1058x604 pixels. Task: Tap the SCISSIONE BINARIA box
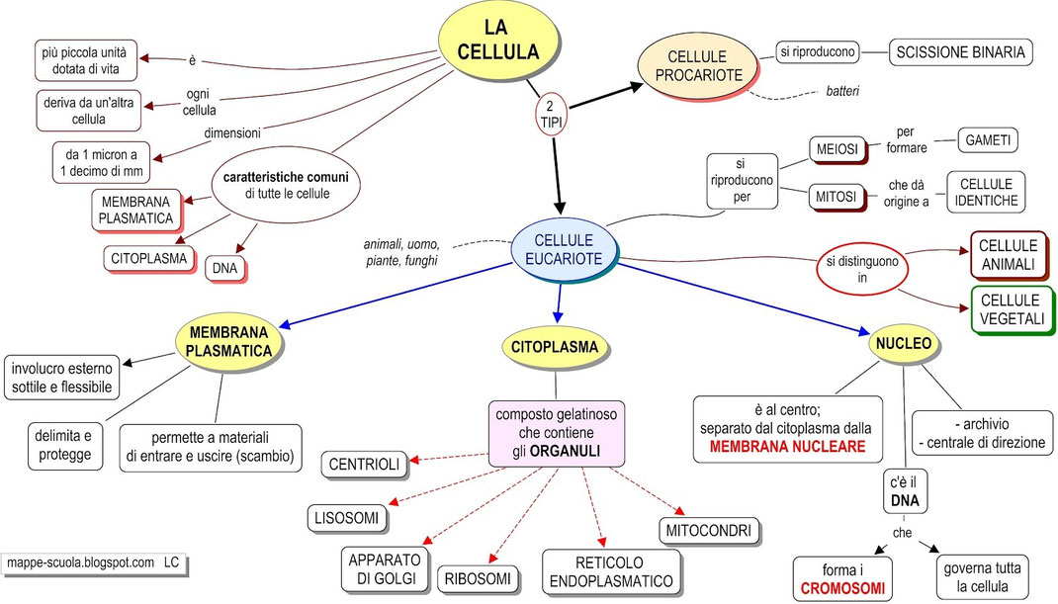(960, 51)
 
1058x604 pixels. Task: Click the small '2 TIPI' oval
(554, 112)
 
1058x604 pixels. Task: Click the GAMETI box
(988, 140)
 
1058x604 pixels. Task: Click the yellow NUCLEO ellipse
(903, 345)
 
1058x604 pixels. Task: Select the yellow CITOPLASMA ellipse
(555, 346)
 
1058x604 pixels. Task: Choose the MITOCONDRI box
(710, 528)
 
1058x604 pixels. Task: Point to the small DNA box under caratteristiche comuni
(225, 267)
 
